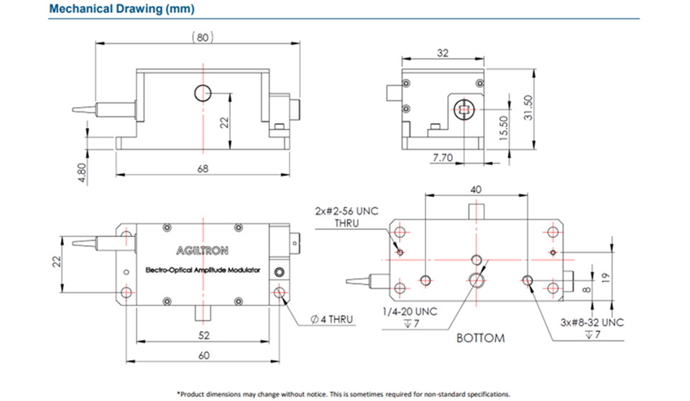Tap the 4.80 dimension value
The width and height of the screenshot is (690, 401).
(x=82, y=173)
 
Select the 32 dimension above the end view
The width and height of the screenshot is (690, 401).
(x=442, y=52)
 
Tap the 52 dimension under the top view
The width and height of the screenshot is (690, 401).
(x=203, y=335)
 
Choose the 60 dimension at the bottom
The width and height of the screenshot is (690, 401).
(x=203, y=355)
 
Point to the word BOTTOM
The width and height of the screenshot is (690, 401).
(x=480, y=338)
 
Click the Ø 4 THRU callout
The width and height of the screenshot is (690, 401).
(x=331, y=319)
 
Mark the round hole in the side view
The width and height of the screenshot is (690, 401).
(x=203, y=92)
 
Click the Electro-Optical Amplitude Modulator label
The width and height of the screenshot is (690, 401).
(x=203, y=270)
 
